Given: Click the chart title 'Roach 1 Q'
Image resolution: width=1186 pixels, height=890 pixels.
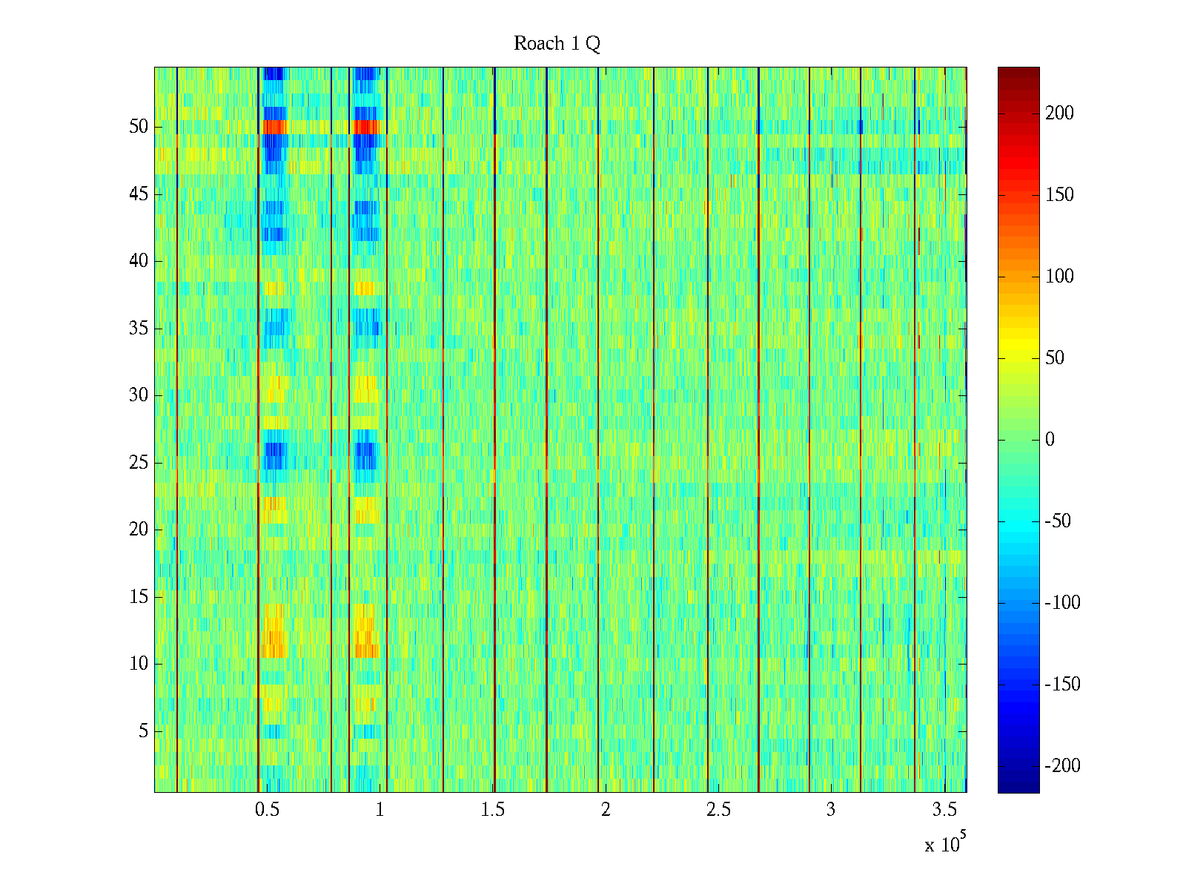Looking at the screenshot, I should [x=557, y=44].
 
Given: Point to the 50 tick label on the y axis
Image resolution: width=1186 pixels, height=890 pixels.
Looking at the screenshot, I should [x=139, y=127].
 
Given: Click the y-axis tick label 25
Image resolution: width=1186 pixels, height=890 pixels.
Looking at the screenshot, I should [x=139, y=463].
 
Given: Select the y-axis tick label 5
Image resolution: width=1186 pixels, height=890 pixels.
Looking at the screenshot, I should [x=143, y=731].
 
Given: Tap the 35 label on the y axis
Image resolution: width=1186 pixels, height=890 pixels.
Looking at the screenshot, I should [x=139, y=329].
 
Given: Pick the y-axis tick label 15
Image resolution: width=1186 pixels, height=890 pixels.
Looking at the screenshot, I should [x=139, y=597].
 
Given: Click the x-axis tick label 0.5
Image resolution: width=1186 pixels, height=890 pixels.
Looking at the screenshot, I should [x=267, y=810].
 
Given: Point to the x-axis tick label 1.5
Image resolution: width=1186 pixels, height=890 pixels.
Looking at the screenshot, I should [x=492, y=810].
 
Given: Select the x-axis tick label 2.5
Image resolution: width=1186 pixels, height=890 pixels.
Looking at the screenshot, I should [x=718, y=810].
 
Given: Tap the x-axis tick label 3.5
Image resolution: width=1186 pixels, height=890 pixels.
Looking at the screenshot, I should [x=944, y=810].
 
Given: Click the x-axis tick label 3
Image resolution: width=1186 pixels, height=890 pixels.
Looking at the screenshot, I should [x=831, y=810].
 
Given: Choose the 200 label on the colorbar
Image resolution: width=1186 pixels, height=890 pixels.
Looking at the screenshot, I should [x=1059, y=113].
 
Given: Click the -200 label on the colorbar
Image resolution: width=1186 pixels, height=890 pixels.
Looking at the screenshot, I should [x=1062, y=766].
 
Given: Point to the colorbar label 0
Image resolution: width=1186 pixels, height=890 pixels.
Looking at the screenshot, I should [x=1050, y=440].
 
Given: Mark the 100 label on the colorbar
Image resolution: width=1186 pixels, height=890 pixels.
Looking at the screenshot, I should [x=1059, y=277].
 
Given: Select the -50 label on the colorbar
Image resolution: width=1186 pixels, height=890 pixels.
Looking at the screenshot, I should [x=1058, y=521].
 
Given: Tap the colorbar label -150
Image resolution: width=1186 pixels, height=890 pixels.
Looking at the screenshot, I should [x=1062, y=685].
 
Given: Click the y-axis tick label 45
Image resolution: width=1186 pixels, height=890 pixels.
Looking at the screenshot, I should [x=139, y=194].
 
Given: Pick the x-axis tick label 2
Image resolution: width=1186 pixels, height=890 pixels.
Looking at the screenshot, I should [x=606, y=810].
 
